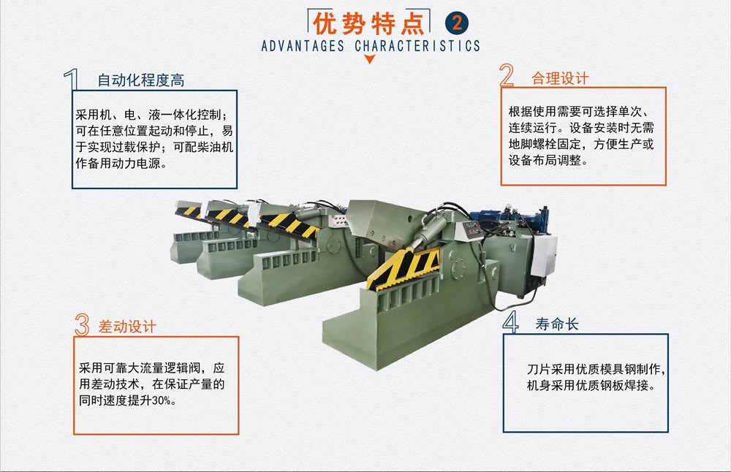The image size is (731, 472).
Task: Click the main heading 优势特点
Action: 368,23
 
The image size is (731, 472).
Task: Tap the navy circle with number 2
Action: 457,23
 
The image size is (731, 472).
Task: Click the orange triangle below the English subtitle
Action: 370,58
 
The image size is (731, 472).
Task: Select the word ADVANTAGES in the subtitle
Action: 303,45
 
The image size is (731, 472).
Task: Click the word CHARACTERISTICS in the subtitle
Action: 417,45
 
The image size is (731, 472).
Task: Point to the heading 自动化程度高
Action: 141,80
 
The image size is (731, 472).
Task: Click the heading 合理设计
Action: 560,78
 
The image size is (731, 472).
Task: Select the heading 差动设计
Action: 126,327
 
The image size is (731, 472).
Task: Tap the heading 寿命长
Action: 556,324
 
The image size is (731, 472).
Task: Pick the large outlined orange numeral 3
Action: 82,324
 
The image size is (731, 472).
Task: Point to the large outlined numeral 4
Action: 511,322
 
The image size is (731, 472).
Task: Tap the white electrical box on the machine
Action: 544,256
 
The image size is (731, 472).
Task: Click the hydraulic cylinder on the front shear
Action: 429,230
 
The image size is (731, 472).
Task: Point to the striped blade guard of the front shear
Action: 404,269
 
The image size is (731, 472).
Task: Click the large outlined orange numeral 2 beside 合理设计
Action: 507,75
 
